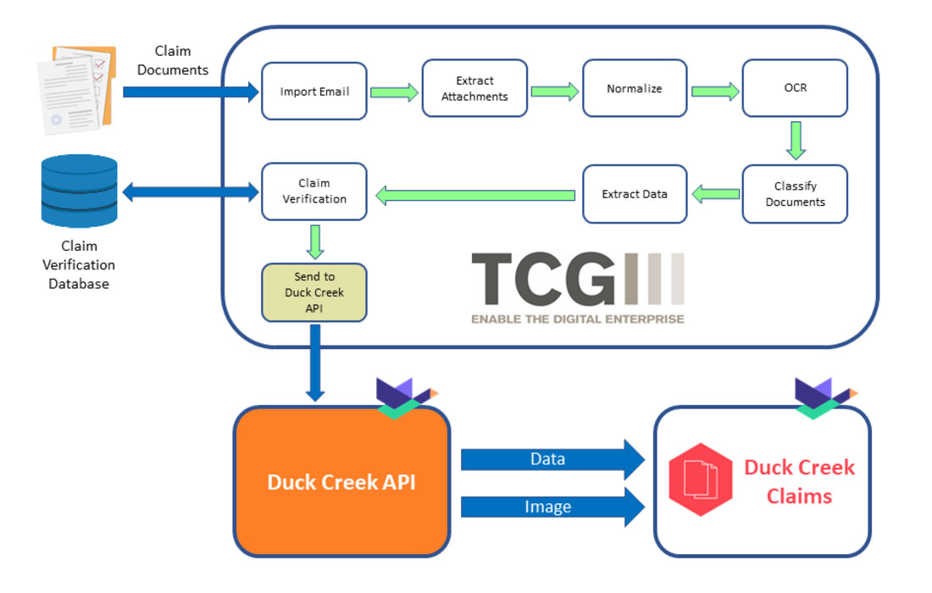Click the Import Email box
(313, 91)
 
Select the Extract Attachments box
(474, 88)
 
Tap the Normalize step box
(634, 88)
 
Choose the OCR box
(795, 88)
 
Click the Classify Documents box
(795, 194)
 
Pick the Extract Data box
(634, 194)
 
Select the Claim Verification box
(313, 191)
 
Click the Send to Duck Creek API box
(313, 292)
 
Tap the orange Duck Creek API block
(341, 481)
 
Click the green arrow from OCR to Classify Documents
(795, 140)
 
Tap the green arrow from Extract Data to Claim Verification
(474, 196)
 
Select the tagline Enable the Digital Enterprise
(577, 319)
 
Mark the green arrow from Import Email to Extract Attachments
(394, 91)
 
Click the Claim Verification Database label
(78, 264)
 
